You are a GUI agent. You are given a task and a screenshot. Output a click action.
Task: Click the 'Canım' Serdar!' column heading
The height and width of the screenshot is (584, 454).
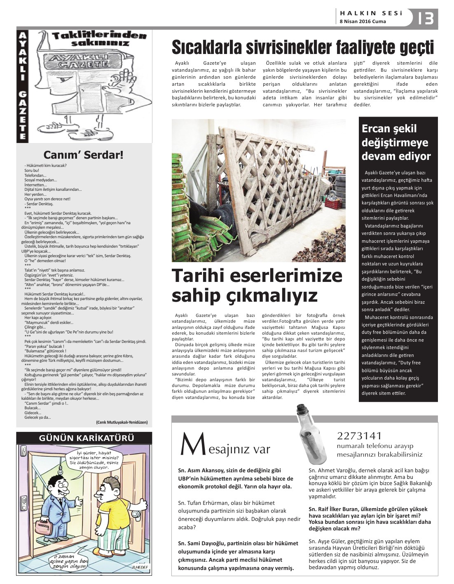coord(83,155)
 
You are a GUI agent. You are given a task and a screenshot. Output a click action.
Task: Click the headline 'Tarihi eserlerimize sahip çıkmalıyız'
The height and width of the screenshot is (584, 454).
coord(257,285)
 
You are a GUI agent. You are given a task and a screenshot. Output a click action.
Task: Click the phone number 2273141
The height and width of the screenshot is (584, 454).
coord(359,436)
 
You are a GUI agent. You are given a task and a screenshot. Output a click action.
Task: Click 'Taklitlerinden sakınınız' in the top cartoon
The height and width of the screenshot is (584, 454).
coord(99,39)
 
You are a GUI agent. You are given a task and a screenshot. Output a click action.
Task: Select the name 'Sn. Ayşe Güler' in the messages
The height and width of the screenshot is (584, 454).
coord(328,541)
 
